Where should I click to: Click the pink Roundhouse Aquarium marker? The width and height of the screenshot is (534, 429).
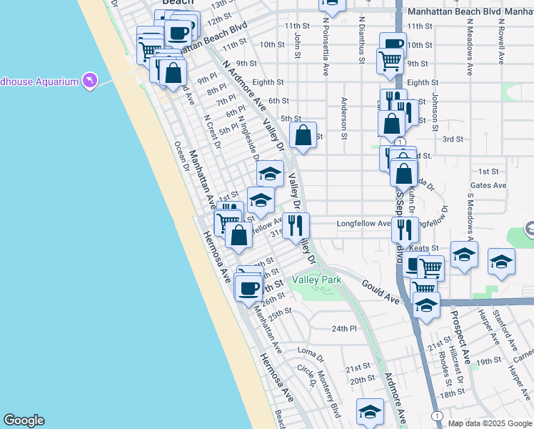[x=89, y=81]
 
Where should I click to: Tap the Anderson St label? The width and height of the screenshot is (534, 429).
[x=344, y=118]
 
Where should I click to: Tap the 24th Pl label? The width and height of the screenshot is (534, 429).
[x=343, y=328]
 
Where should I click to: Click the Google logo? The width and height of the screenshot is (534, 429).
[x=24, y=420]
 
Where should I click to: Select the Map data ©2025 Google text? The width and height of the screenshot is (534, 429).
[x=490, y=423]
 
